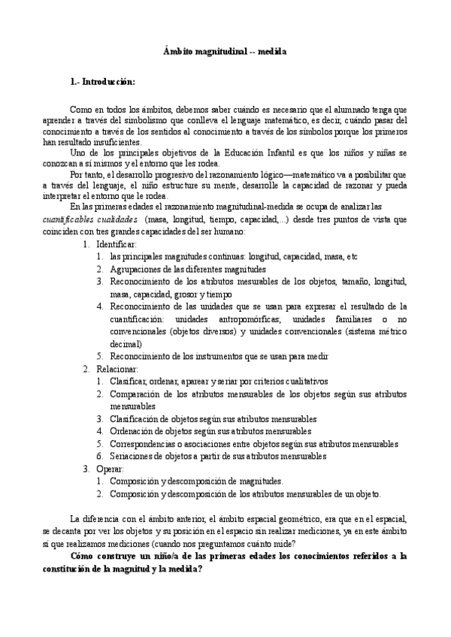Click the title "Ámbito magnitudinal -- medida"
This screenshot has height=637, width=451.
tap(224, 52)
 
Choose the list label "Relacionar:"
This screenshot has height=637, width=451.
tap(117, 370)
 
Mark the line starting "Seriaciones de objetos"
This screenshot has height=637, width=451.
tap(218, 456)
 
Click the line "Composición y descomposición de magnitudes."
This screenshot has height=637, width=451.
tap(196, 481)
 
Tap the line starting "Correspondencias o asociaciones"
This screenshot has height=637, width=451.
tap(254, 444)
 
